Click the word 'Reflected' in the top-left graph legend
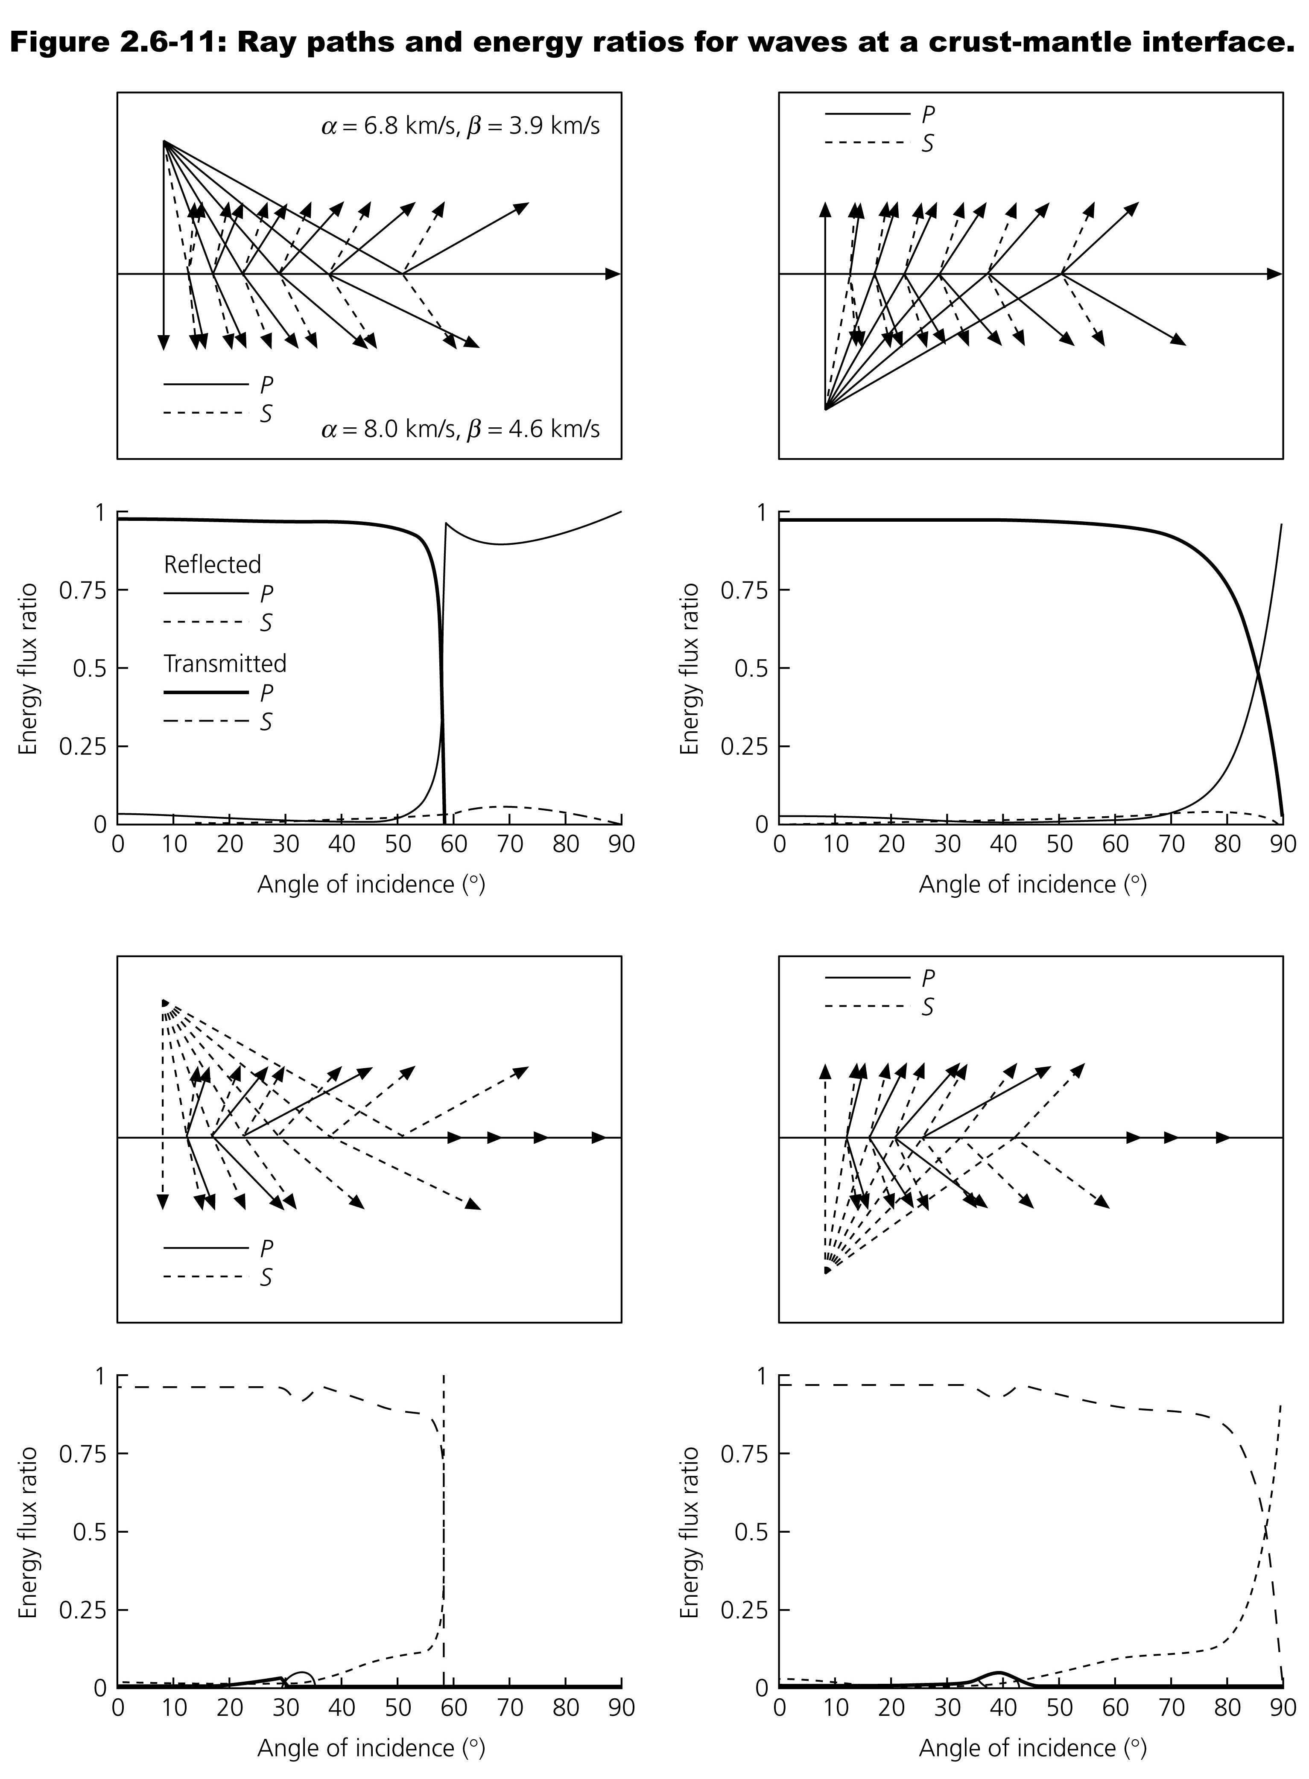212,564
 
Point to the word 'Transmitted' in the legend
225,663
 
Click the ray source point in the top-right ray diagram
826,409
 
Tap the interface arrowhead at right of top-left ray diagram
613,274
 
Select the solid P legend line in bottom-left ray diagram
206,1248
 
